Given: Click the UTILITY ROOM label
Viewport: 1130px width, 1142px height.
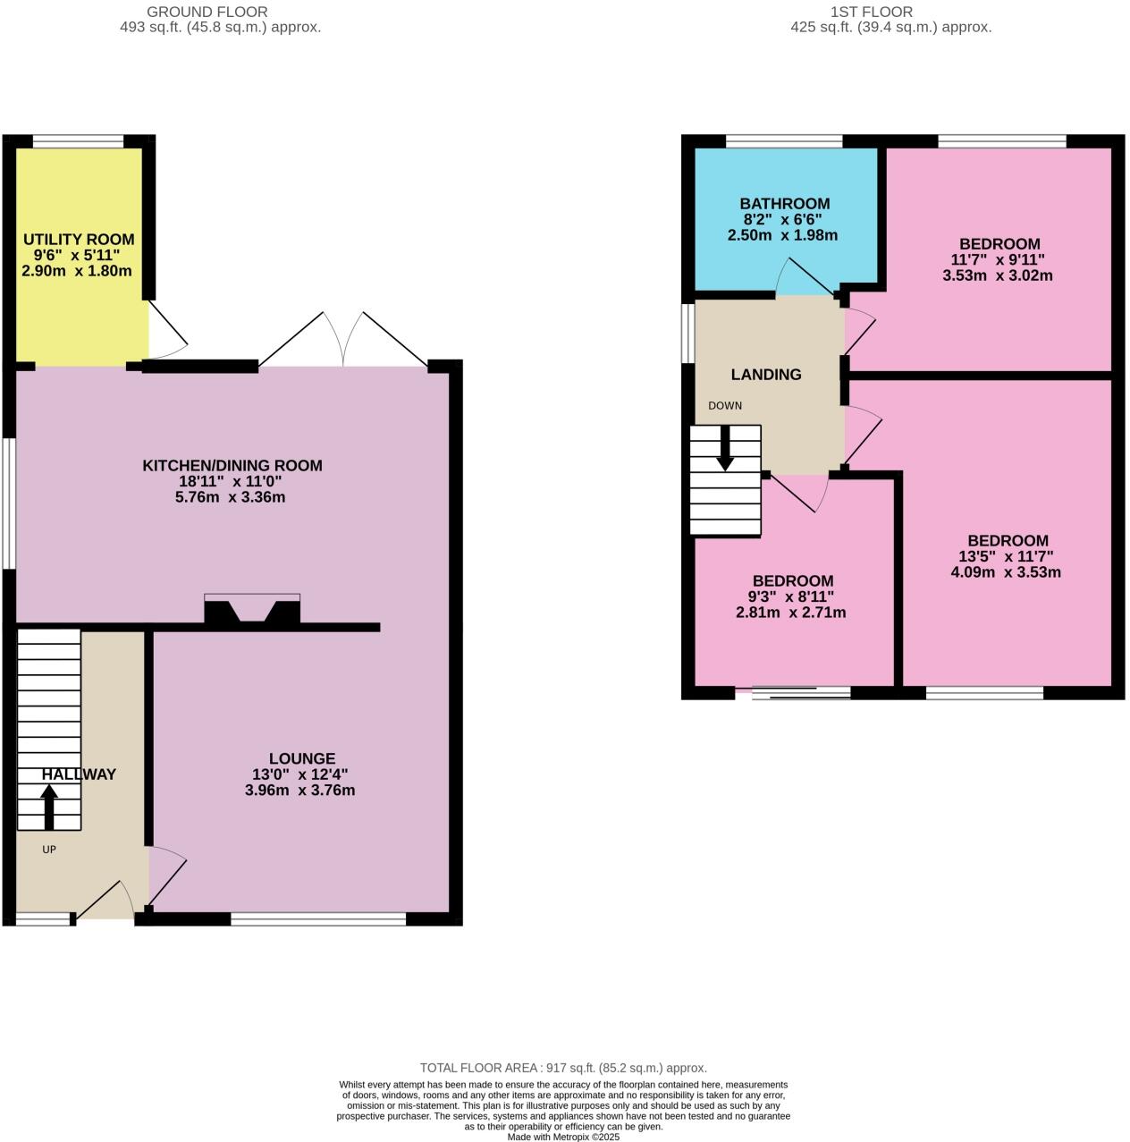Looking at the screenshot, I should coord(79,240).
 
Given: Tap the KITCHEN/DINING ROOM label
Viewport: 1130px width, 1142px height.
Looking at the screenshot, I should coord(232,466).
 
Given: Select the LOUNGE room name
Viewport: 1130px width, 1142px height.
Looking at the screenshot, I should coord(302,759).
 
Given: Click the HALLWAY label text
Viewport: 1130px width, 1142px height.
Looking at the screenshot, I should coord(79,774).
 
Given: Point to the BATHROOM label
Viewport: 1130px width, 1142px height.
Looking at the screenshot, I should coord(784,204).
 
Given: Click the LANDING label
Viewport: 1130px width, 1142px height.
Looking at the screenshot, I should coord(766,375).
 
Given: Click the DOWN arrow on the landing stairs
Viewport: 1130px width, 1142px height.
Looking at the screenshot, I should coord(725,448).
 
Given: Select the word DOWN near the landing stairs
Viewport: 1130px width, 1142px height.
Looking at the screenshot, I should coord(725,406).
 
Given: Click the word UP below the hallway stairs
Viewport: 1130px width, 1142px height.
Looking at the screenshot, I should coord(49,850).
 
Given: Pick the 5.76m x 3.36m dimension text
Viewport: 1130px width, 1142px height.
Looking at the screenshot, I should coord(231,497).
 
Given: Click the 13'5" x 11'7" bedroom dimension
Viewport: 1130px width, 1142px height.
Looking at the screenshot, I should coord(1007,556).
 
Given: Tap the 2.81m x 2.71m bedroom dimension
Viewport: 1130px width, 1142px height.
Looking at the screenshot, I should coord(791,613).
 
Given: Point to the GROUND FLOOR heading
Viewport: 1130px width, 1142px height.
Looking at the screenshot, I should coord(207,12).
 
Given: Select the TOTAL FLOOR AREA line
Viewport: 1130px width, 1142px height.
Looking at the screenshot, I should coord(563,1068).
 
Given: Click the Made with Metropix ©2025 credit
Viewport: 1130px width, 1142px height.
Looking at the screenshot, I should coord(563,1137).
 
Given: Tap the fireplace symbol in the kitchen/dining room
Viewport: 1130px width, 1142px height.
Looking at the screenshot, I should coord(252,611).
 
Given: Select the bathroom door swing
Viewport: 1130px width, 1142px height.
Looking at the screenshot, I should coord(805,278).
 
